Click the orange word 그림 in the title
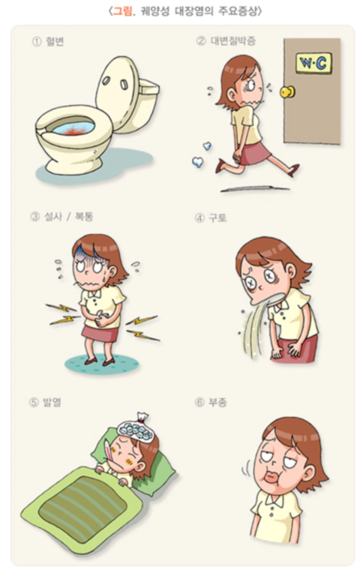123,11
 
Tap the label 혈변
55,41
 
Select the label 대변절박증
233,40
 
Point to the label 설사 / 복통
69,216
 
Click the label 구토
217,217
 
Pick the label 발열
52,403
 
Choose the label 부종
217,403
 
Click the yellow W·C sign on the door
313,63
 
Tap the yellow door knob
287,91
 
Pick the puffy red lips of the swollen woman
271,477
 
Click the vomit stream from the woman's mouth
254,328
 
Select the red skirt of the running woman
254,154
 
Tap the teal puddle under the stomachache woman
102,363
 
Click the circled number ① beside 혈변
36,42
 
